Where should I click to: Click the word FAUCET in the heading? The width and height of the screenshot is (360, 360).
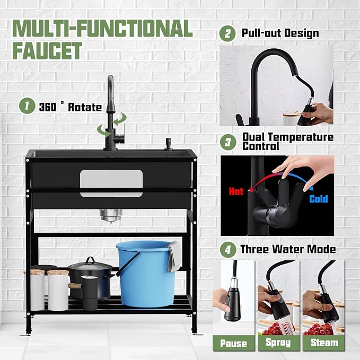click(47, 51)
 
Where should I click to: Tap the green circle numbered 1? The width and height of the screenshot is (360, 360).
click(27, 106)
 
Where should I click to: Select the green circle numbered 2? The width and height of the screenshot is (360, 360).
click(227, 33)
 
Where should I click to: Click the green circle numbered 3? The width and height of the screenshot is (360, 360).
click(228, 142)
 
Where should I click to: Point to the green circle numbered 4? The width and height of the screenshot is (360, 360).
click(228, 250)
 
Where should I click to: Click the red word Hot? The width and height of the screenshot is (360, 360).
click(236, 191)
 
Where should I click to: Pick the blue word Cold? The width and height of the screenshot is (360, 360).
click(319, 199)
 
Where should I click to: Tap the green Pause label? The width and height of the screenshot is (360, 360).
click(234, 343)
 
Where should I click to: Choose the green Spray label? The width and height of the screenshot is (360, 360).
click(278, 343)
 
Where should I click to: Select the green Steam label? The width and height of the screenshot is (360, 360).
click(324, 343)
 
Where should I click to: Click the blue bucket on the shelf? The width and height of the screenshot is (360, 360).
click(146, 274)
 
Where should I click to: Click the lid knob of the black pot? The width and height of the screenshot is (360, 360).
click(90, 260)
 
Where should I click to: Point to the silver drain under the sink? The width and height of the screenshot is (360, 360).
click(111, 216)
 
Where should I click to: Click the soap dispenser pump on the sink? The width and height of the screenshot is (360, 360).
click(169, 144)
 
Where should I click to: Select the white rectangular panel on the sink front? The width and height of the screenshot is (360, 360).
click(111, 183)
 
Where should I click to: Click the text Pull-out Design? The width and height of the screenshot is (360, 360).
click(280, 33)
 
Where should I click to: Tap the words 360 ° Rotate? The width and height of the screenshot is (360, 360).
click(71, 107)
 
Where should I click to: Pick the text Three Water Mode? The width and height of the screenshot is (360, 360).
click(288, 249)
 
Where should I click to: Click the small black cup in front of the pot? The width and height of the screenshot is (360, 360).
click(90, 293)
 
